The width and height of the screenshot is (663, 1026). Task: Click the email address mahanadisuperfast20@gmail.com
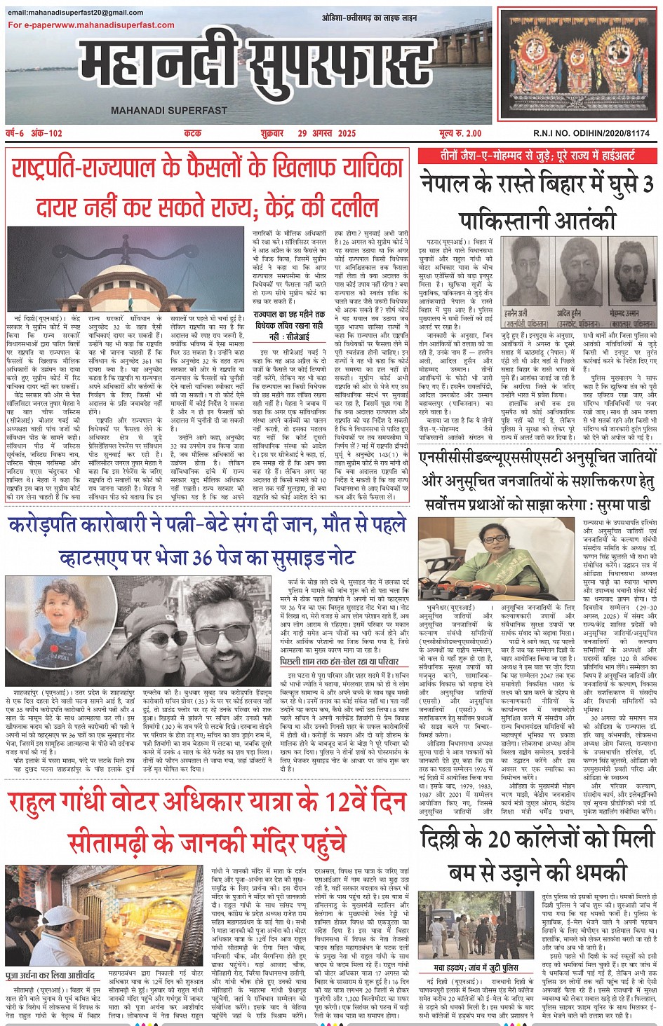[76, 13]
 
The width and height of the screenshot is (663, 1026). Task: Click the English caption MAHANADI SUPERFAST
[169, 110]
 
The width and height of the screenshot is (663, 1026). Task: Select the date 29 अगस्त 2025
[326, 133]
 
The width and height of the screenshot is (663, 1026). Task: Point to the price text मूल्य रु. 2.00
[460, 133]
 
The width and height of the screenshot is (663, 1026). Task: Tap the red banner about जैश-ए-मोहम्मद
[537, 156]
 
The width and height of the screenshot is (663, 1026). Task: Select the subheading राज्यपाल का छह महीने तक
[289, 315]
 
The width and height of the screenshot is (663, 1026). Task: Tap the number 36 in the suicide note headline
[203, 557]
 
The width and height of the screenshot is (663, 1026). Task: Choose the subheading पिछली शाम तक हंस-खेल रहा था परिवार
[340, 661]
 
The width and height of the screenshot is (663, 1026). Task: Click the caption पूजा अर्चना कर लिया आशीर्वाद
[50, 975]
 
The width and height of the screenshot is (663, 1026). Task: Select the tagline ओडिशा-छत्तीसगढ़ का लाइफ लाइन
[369, 18]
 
